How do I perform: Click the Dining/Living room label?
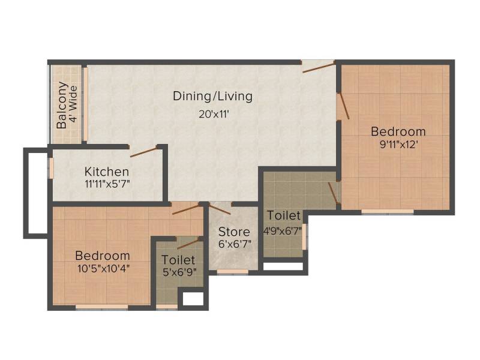tap(213, 96)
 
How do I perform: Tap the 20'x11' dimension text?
tap(214, 115)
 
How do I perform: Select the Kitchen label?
tap(107, 172)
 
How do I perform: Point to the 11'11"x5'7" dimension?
tap(107, 184)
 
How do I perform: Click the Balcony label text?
tap(62, 105)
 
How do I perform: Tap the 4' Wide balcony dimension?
tap(73, 104)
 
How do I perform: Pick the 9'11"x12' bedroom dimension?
tap(399, 144)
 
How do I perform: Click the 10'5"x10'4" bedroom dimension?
tap(103, 268)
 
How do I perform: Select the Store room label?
tap(234, 232)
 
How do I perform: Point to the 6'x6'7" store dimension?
tap(235, 244)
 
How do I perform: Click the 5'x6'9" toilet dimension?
tap(179, 272)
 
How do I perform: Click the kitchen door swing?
tap(143, 152)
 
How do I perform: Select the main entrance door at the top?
tap(319, 67)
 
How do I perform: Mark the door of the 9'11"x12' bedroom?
tap(344, 106)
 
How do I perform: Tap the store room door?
tap(220, 208)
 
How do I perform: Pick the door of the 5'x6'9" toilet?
tap(190, 244)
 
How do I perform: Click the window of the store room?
tap(233, 272)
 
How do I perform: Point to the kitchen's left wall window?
tap(52, 167)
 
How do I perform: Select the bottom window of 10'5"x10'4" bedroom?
tap(101, 307)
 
